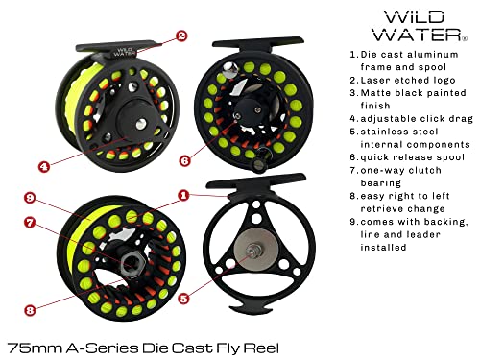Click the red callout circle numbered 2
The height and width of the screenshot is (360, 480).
click(180, 37)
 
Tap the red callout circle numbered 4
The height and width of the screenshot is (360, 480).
click(43, 165)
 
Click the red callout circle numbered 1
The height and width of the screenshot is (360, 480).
click(181, 196)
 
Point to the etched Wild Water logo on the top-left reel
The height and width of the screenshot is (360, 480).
click(123, 53)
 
